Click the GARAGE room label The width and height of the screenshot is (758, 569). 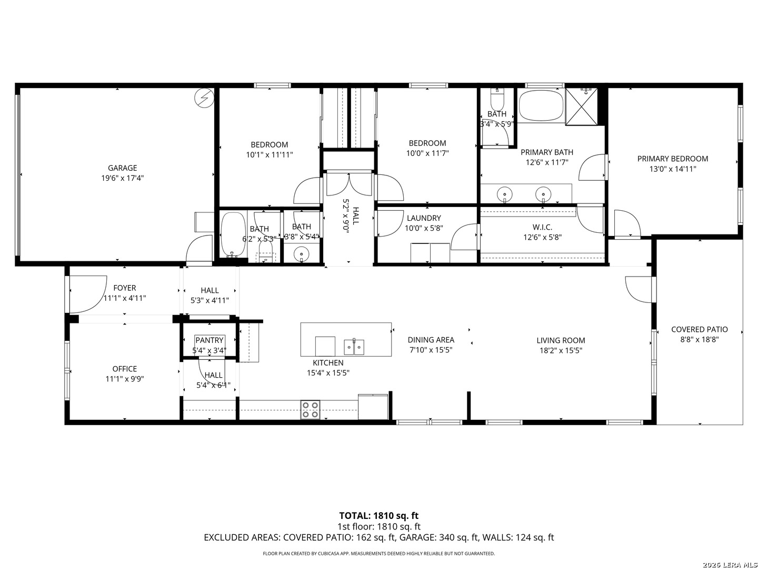122,168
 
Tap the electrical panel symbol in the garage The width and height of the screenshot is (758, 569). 204,98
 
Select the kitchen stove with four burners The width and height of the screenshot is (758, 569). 310,409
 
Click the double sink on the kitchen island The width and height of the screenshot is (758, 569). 354,347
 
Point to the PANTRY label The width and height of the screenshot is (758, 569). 210,340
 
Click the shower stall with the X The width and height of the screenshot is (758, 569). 581,106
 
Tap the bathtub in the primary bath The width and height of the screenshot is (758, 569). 541,105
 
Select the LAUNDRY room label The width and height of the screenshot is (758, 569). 424,218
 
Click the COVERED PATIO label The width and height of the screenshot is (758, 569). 699,329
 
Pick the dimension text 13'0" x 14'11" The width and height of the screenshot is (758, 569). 673,169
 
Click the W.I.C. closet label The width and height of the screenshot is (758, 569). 542,227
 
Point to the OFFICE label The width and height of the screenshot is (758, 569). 125,369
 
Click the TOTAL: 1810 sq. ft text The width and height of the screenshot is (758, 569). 379,515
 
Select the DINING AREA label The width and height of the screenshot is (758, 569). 431,340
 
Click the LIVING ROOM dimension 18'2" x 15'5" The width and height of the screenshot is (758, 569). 561,351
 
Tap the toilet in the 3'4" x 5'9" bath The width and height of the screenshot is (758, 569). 497,98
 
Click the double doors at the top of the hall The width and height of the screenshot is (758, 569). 350,185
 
